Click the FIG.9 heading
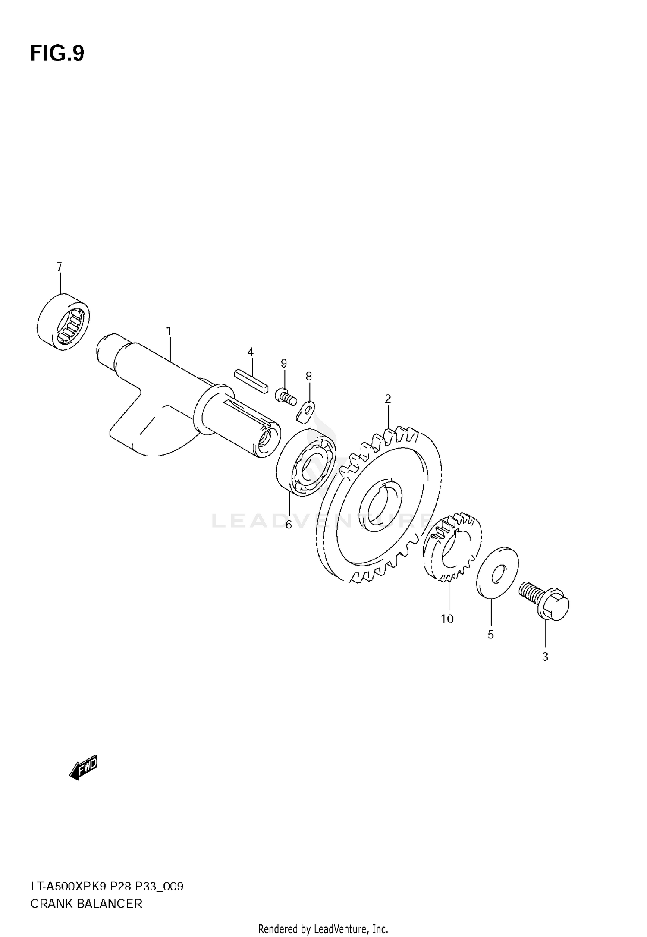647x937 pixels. coord(57,54)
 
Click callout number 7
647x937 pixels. coord(60,267)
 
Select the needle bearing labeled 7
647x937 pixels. coord(64,322)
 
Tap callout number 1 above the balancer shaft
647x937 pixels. coord(169,331)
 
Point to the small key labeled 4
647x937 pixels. coord(251,379)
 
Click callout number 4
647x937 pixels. coord(251,352)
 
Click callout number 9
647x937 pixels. coord(284,363)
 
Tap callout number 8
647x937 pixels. coord(309,376)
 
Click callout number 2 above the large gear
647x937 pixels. coord(388,399)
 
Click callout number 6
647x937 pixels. coord(289,525)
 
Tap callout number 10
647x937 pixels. coord(447,619)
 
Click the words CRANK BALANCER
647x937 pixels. coord(86,900)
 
